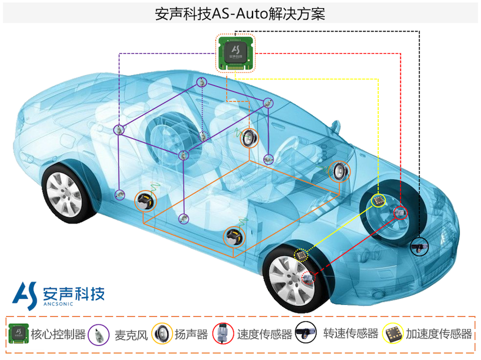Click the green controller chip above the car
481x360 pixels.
pos(235,54)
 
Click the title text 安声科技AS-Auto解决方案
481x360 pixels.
pos(240,14)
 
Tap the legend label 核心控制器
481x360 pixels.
pos(58,334)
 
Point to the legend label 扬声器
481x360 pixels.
pos(191,334)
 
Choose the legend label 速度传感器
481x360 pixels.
pos(265,334)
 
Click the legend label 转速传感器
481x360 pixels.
pos(350,333)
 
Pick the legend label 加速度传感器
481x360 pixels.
pos(439,334)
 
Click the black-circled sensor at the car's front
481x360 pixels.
pos(419,246)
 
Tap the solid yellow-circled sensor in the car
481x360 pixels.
pos(378,200)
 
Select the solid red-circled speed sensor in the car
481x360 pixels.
pos(400,213)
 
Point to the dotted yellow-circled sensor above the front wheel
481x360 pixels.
pos(301,255)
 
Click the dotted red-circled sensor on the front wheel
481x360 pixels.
pos(309,278)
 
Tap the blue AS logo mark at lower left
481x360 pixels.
pos(25,296)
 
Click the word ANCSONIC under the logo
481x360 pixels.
pos(58,304)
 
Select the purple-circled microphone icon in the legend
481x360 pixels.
pos(99,335)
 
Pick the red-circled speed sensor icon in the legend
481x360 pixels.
pos(224,334)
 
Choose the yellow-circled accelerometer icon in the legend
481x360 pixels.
pos(392,334)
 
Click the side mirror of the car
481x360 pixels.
pos(336,126)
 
